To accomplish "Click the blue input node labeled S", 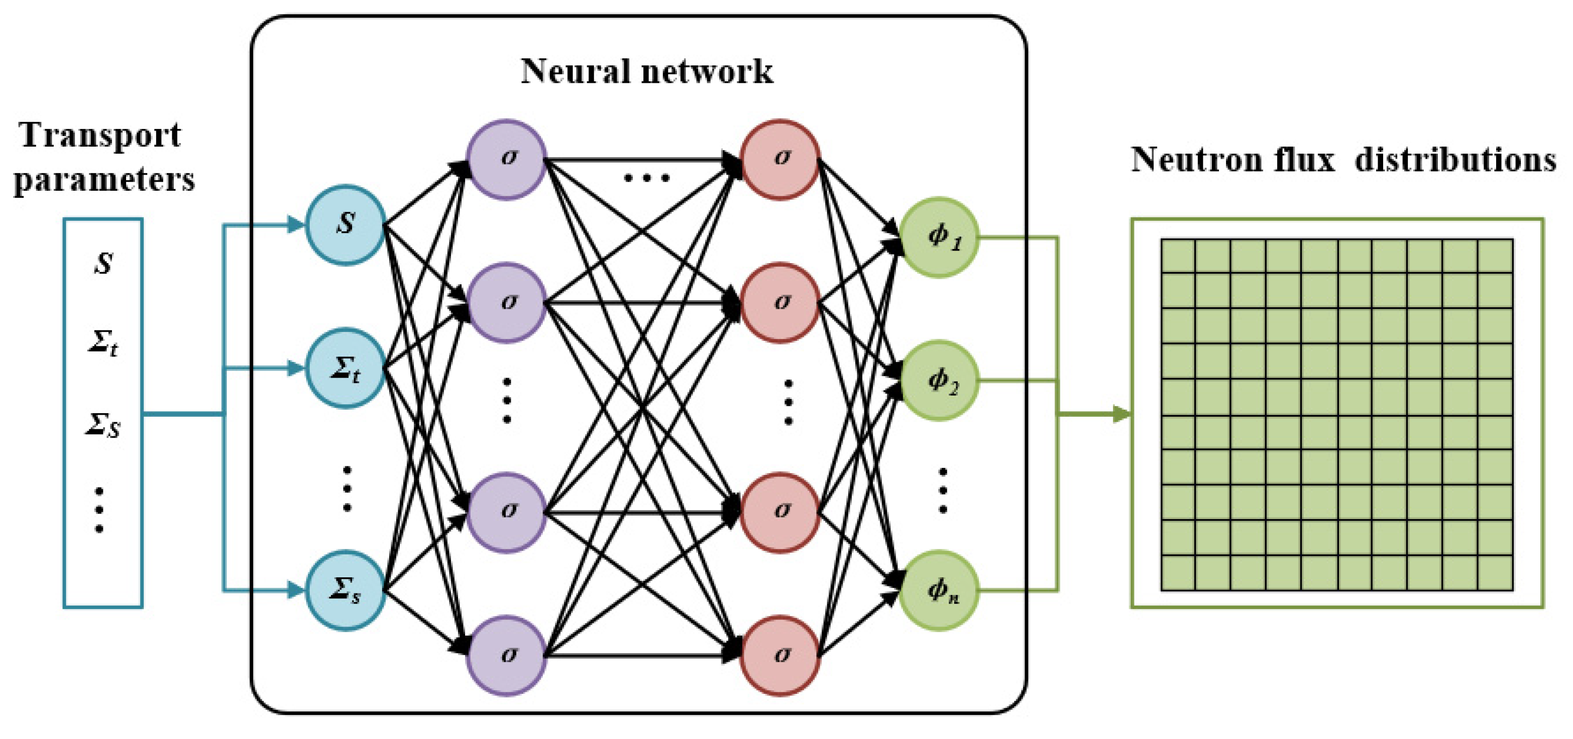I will (345, 224).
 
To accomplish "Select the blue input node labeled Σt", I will (345, 368).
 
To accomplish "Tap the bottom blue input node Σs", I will (345, 590).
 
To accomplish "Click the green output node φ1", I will (939, 237).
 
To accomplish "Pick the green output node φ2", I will (939, 380).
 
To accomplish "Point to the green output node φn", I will (939, 590).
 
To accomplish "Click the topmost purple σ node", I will (507, 159).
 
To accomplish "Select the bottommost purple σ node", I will (507, 655).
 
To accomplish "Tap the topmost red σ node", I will (780, 159).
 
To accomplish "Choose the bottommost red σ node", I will (780, 655).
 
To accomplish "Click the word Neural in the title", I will (575, 71).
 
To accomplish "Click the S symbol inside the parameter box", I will (103, 263).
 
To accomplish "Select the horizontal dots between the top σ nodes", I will (646, 178).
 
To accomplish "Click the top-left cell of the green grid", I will (1178, 256).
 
